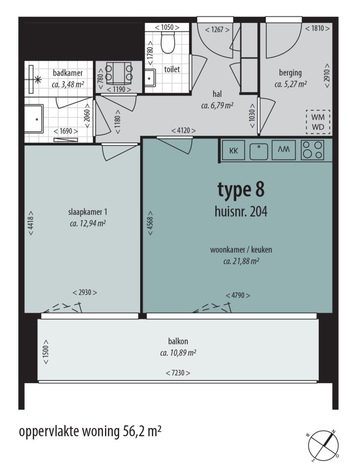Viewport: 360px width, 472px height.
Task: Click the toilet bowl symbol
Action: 167,43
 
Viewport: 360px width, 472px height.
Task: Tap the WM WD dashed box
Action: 318,122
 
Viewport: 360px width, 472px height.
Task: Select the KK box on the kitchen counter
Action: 233,151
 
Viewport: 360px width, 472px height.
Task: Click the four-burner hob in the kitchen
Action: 313,150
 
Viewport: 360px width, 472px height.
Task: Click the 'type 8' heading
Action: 241,190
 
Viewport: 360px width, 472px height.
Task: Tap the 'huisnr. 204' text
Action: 241,212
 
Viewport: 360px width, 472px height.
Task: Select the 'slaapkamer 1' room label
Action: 88,212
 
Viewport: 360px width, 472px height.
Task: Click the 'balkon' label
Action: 178,341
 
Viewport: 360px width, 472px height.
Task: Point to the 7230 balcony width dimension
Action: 178,373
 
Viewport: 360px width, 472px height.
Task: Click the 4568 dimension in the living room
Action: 150,223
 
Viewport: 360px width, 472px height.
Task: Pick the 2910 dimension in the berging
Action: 327,76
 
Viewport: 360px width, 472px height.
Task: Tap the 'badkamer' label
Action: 67,73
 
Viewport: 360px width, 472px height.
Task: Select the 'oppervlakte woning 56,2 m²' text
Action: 90,431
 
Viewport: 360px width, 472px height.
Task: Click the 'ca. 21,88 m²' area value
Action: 241,261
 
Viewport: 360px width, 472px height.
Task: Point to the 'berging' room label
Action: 290,73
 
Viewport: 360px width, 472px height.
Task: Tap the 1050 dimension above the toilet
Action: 167,27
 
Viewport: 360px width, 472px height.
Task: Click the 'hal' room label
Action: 217,94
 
